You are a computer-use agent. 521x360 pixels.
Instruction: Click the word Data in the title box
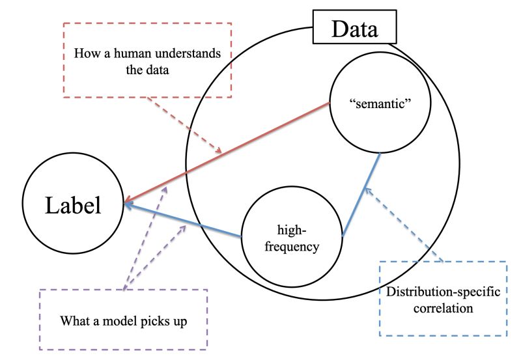click(354, 29)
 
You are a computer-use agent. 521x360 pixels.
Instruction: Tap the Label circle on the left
click(72, 206)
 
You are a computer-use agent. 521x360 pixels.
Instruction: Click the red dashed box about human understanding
click(147, 61)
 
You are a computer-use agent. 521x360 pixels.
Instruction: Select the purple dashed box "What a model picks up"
click(123, 320)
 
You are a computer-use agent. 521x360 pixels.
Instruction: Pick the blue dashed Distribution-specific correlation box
click(442, 298)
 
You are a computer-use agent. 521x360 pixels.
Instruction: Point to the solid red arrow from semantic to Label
click(228, 152)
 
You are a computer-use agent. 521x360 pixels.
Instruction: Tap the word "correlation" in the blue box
click(442, 307)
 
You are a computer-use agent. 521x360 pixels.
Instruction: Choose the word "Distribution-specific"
click(442, 291)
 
